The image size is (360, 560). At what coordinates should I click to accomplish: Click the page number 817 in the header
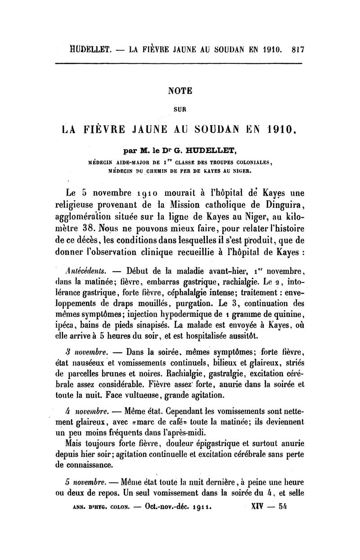[x=297, y=49]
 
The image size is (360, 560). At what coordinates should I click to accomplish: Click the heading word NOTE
[x=180, y=90]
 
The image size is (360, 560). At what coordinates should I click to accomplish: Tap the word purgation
[x=185, y=302]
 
